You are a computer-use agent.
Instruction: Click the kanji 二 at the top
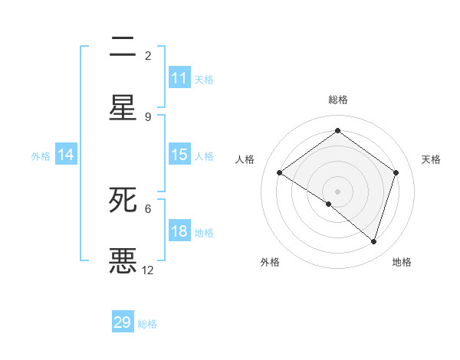pos(123,47)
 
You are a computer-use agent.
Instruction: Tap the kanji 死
pos(123,200)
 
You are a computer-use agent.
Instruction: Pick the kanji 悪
pos(123,260)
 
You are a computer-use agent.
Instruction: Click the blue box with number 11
pos(179,78)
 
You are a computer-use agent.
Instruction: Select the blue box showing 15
pos(179,155)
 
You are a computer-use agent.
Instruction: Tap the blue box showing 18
pos(179,231)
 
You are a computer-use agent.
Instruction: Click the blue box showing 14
pos(66,155)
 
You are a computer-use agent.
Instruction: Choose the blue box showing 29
pos(123,322)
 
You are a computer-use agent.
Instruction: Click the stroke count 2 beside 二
pos(148,55)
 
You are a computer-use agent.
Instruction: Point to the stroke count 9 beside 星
pos(148,116)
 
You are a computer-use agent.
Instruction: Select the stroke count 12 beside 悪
pos(148,270)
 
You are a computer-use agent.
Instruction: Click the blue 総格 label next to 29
pos(148,324)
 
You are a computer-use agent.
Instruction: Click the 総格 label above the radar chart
pos(337,100)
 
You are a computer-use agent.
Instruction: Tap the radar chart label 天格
pos(432,159)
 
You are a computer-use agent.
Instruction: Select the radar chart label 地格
pos(402,262)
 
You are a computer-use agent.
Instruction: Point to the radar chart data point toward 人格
pos(280,173)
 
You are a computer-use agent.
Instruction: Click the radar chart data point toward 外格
pos(329,204)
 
